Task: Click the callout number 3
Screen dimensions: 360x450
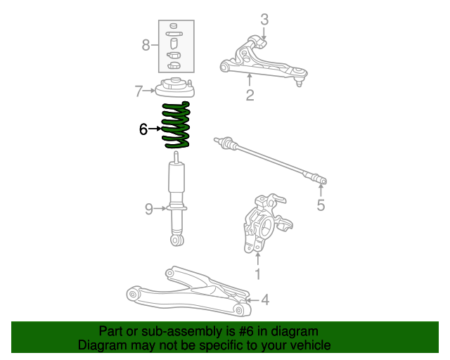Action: (264, 19)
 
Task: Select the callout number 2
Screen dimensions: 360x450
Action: (250, 95)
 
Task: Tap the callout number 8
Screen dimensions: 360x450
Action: (146, 46)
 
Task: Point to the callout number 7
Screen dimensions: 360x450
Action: (139, 90)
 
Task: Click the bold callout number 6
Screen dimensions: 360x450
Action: (143, 129)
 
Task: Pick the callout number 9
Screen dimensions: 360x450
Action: (149, 208)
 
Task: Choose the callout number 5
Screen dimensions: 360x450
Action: (321, 205)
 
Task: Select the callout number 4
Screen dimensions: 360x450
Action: (265, 300)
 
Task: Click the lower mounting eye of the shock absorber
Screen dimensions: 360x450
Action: (176, 240)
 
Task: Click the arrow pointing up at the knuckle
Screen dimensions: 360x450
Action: (257, 257)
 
